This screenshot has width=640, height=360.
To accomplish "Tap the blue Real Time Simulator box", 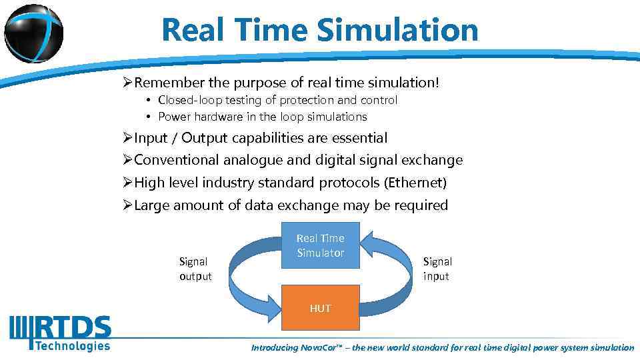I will tap(320, 246).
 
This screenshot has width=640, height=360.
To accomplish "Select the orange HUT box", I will tap(320, 308).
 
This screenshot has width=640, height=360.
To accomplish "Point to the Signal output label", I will tap(195, 269).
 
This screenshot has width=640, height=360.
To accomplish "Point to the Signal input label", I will tap(437, 269).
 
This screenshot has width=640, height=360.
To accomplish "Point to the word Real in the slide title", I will tap(191, 30).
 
